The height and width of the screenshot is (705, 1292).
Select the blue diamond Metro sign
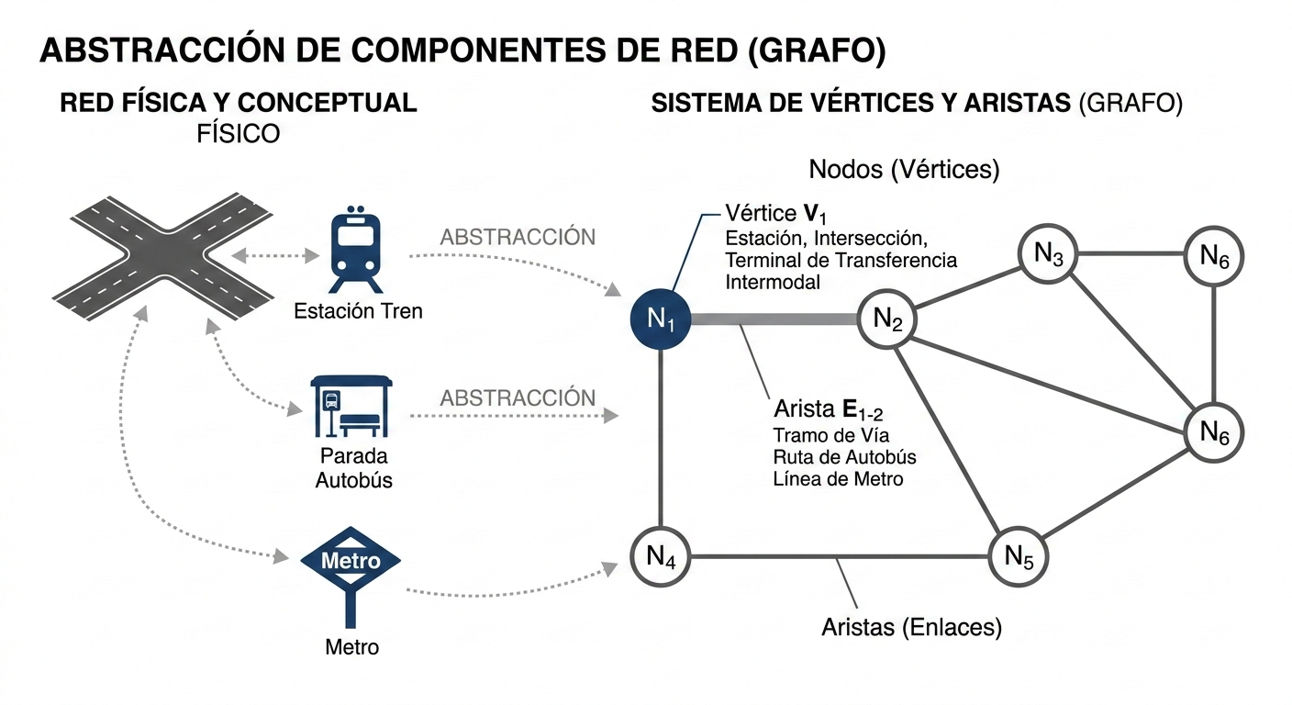pos(351,559)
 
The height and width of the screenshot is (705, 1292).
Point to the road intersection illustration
pos(162,252)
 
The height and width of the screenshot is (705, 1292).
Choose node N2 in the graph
pos(887,319)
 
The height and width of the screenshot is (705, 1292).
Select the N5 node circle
pos(1019,556)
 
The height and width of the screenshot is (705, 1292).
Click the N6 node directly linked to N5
pos(1214,431)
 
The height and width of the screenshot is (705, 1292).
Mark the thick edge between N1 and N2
pos(774,319)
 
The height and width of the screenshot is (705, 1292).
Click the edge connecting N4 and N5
pos(840,556)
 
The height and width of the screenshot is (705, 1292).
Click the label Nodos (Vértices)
pos(904,170)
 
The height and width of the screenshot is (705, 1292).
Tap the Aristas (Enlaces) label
pos(911,628)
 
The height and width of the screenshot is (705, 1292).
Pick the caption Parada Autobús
pos(353,467)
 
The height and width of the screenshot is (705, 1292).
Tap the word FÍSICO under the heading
pos(238,134)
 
